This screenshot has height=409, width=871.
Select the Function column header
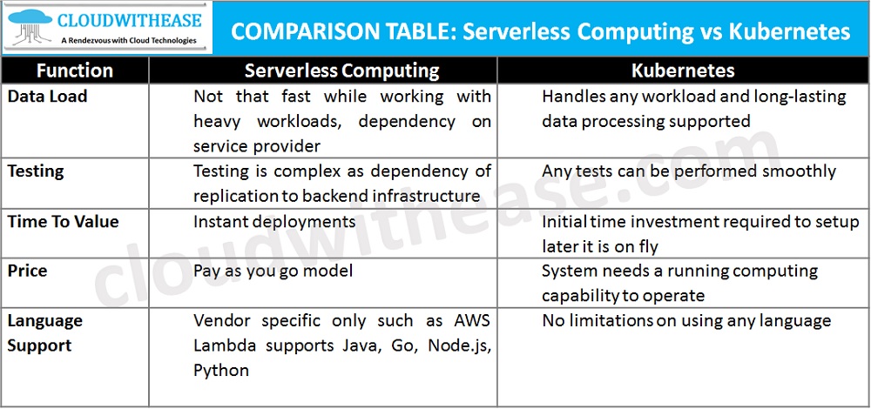75,70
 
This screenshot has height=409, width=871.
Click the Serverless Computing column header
341,70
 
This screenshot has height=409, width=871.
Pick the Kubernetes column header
683,70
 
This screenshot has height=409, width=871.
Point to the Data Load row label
48,97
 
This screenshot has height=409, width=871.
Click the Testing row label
36,171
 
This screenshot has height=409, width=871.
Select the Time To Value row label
64,222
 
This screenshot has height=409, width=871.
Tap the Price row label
27,272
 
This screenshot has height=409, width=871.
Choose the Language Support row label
45,332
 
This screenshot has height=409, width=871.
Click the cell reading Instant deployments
275,222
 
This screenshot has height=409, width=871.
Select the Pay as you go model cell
273,272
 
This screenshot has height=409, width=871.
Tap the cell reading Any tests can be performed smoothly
688,171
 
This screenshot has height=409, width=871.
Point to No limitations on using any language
686,321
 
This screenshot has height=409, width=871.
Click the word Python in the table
221,371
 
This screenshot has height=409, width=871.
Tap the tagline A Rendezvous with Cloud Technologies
129,40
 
